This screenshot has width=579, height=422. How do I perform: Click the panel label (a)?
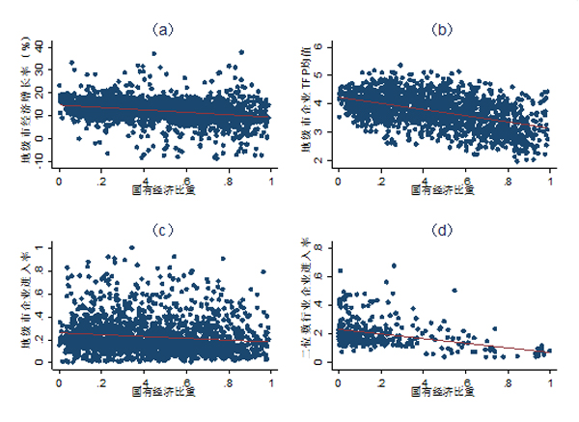tap(165, 29)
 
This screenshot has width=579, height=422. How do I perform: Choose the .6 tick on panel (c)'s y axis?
tap(46, 294)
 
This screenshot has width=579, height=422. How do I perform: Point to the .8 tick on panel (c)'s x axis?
tap(228, 379)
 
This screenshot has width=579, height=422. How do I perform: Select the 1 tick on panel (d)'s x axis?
tap(551, 379)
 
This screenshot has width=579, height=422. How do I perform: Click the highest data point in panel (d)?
tap(393, 266)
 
